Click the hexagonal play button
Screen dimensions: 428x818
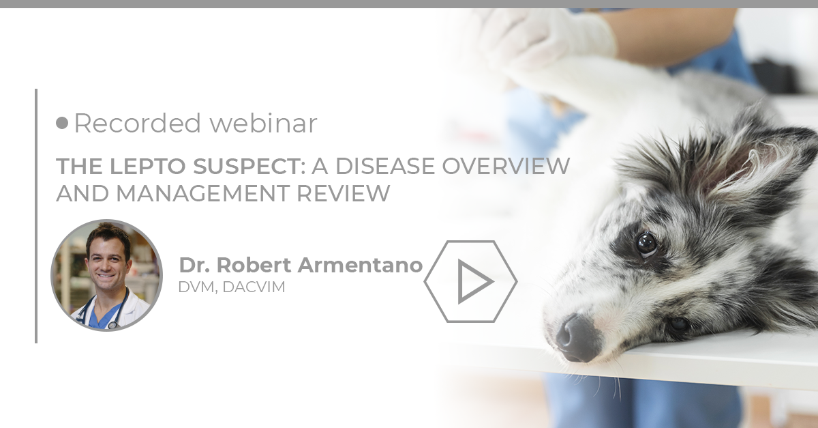[x=471, y=281]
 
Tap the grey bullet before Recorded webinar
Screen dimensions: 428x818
[x=63, y=123]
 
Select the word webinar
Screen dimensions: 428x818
[x=263, y=124]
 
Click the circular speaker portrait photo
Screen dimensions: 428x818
[x=106, y=275]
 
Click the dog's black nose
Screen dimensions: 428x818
[x=574, y=336]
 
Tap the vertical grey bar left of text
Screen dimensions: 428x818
[x=35, y=215]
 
